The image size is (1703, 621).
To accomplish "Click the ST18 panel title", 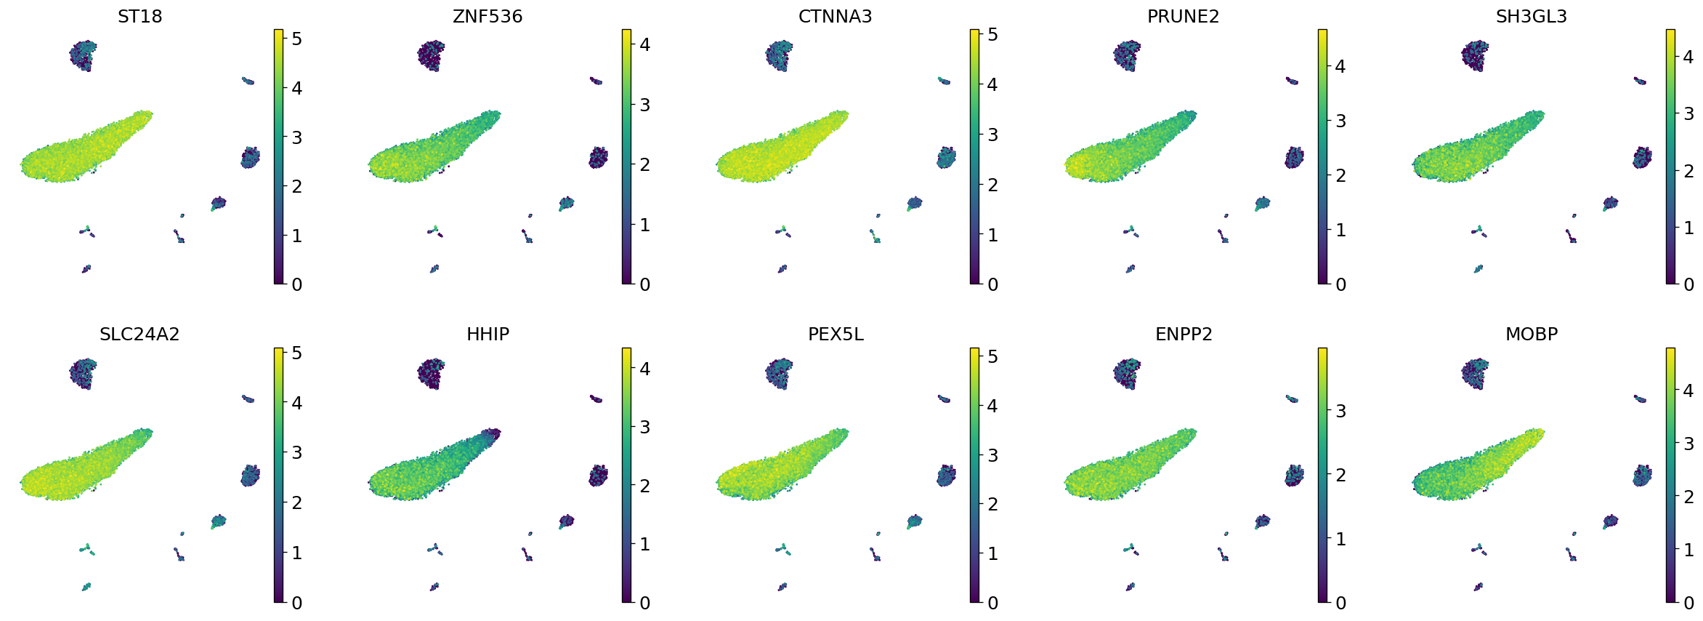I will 139,16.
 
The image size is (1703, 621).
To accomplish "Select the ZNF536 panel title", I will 488,16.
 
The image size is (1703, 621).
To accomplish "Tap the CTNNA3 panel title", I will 835,16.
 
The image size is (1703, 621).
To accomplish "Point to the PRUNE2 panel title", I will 1183,16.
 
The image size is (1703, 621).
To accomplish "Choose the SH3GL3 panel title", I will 1531,16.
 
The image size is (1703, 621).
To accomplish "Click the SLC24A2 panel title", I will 139,334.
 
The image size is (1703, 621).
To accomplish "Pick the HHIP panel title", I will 488,334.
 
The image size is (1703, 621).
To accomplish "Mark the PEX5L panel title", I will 836,334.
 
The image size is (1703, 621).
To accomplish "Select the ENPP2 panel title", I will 1184,334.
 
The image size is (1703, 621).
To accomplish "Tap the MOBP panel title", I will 1532,334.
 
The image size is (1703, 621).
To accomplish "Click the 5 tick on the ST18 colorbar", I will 296,39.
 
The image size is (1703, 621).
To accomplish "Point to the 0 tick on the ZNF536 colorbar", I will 644,284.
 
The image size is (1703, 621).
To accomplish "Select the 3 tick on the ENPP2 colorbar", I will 1340,411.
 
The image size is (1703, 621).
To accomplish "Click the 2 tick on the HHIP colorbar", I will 644,486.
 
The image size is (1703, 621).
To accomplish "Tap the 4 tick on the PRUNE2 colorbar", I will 1340,66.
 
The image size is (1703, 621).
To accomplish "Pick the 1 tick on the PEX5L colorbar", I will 992,553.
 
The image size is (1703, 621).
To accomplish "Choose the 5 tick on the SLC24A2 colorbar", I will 296,353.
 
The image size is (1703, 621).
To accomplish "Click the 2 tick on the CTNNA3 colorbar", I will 992,185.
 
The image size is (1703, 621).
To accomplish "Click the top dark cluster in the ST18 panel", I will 83,55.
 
